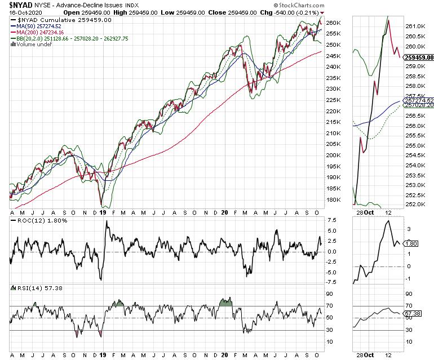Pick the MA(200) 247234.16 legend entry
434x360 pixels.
45,32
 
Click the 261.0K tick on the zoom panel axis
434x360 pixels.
415,26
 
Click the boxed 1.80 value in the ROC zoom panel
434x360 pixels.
411,244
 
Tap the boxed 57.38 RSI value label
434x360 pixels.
414,312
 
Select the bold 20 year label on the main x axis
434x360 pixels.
224,214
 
